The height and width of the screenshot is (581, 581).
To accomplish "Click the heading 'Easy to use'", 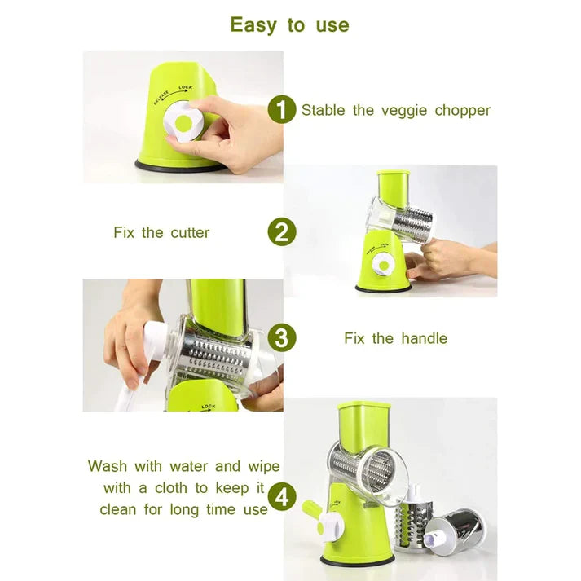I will coord(289,25).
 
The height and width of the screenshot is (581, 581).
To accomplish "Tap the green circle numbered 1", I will coord(281,110).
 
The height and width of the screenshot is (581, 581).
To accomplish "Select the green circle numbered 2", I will coord(281,232).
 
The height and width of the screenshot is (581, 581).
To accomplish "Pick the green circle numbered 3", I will coord(281,337).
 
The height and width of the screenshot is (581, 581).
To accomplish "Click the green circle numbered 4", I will coord(281,495).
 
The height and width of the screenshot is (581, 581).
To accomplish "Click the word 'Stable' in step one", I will coord(324,110).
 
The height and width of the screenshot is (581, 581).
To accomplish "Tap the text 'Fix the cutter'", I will coord(161,233).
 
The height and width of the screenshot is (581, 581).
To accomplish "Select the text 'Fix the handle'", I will coord(395,338).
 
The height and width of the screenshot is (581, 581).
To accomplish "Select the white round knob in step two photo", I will coord(381,266).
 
